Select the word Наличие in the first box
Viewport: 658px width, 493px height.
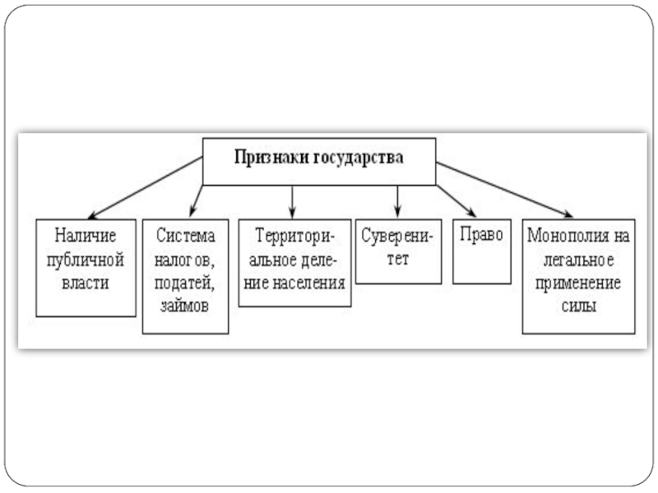[86, 235]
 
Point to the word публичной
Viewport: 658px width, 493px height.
[86, 260]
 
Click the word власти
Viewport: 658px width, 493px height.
[86, 283]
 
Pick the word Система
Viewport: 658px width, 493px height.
[185, 235]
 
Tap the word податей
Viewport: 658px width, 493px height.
[184, 283]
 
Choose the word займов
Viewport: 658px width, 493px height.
[184, 306]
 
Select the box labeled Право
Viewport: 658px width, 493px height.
[482, 251]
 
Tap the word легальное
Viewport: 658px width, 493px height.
[579, 260]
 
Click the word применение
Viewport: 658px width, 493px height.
[578, 283]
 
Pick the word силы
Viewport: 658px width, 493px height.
[579, 306]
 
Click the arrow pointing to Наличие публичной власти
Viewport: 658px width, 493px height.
[146, 188]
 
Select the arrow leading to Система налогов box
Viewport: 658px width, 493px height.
[197, 201]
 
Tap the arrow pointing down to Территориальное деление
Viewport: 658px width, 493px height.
[293, 202]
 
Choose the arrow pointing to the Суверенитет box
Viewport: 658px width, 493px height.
[397, 201]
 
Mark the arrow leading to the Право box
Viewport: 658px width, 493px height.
[456, 200]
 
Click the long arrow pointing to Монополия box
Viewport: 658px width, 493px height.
[504, 190]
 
